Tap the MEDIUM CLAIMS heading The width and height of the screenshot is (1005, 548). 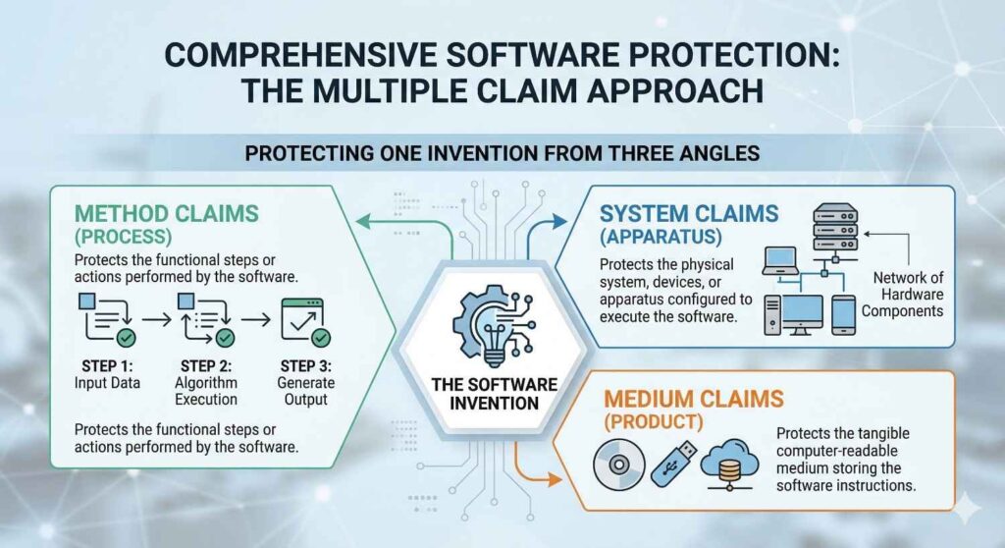point(693,399)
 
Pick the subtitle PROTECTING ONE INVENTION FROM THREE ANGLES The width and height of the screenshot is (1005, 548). point(502,154)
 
